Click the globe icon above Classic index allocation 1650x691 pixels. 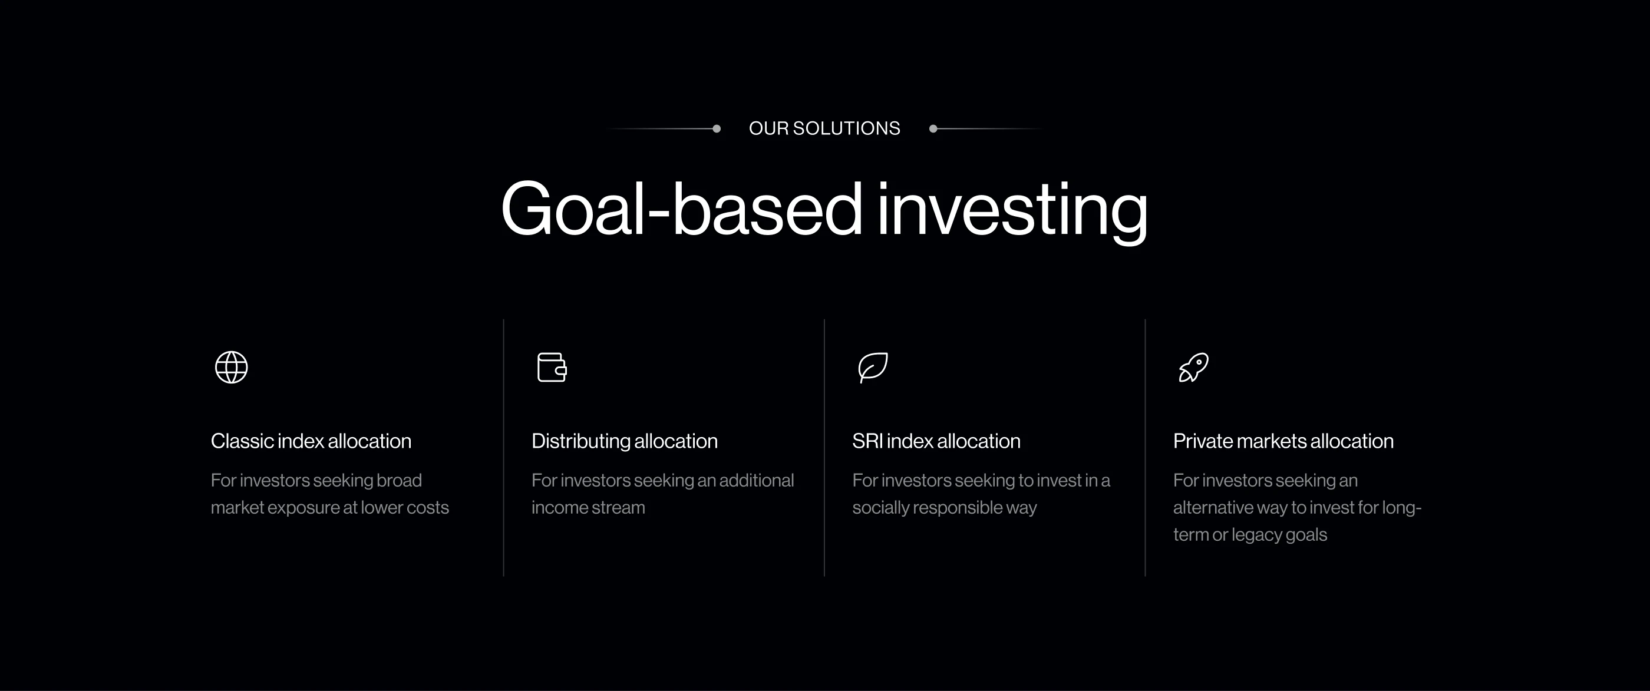[231, 367]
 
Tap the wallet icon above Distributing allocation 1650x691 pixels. [552, 367]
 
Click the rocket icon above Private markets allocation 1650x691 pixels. [1193, 367]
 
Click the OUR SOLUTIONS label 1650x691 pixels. [824, 128]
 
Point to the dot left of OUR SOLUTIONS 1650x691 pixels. [717, 129]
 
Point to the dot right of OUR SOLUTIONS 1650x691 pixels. [933, 129]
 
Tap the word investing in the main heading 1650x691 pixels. [1012, 211]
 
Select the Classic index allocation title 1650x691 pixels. [311, 441]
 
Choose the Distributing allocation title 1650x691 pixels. [625, 441]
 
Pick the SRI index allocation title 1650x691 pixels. [936, 441]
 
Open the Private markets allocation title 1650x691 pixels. [1283, 441]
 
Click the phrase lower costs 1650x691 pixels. [405, 507]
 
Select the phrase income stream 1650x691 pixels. [588, 507]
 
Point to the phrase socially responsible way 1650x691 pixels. [944, 508]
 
